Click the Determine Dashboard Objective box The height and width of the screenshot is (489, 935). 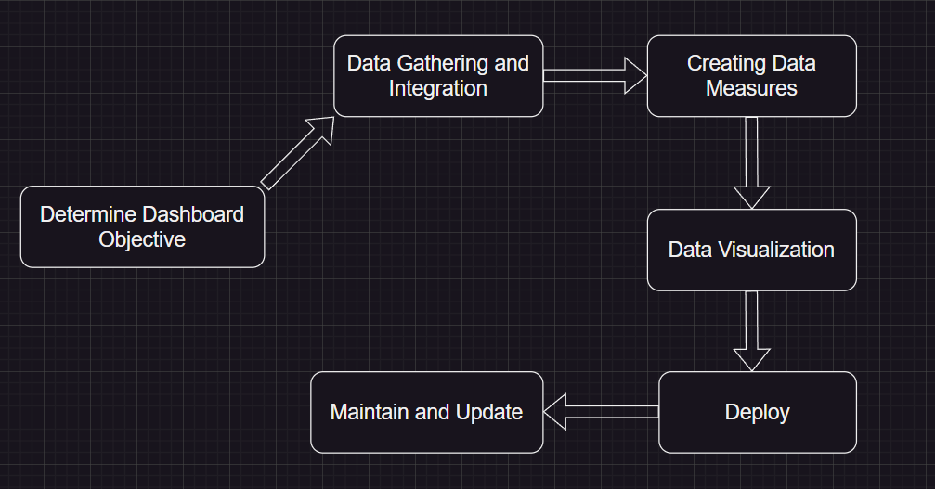142,226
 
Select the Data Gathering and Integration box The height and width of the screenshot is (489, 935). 438,76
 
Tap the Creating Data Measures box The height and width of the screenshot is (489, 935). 751,76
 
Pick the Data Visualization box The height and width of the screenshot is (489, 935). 751,250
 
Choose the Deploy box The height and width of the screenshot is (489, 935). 757,412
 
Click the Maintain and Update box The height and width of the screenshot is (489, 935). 426,412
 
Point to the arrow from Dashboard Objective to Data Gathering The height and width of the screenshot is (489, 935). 297,152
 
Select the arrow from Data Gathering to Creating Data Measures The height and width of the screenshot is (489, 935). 594,75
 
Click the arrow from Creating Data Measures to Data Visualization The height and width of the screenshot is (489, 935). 751,162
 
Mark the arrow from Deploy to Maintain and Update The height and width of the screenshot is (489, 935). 601,412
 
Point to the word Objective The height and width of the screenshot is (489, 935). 142,239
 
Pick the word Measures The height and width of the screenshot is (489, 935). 751,89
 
